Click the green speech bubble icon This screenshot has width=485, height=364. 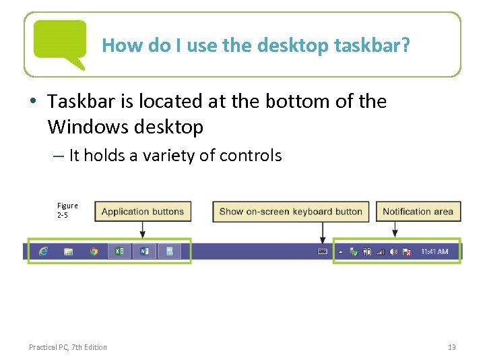click(60, 42)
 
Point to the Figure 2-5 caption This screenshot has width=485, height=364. click(67, 210)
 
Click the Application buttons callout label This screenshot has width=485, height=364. click(142, 211)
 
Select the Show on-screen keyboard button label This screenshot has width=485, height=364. click(290, 211)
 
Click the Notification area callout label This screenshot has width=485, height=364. click(418, 211)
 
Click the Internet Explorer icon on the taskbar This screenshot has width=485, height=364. click(44, 251)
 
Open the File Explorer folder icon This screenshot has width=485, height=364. click(69, 251)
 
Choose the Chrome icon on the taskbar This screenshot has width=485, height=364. click(94, 251)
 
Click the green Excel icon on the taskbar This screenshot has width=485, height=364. click(119, 251)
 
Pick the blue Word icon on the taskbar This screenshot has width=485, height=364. click(144, 251)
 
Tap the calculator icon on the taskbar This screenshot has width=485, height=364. click(170, 251)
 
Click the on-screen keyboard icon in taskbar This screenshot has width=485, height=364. click(322, 251)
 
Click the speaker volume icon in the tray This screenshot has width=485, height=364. click(393, 251)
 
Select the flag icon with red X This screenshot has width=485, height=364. click(407, 251)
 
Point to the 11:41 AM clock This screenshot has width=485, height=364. click(434, 251)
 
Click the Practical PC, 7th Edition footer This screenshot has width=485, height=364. click(67, 347)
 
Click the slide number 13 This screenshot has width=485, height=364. click(451, 347)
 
